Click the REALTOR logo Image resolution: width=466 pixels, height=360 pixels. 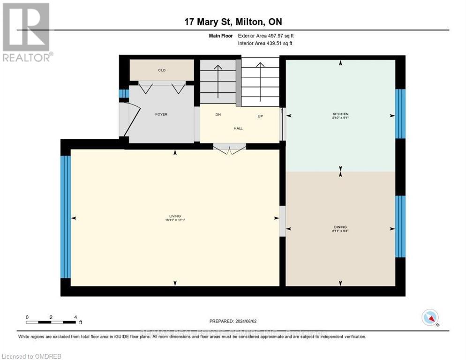pyautogui.click(x=26, y=32)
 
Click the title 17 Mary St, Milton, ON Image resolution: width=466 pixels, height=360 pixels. pyautogui.click(x=233, y=22)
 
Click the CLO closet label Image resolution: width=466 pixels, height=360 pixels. pyautogui.click(x=161, y=70)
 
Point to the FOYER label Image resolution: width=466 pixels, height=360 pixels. pyautogui.click(x=161, y=114)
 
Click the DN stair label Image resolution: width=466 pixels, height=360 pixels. pyautogui.click(x=218, y=115)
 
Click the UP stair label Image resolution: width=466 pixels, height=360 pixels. pyautogui.click(x=260, y=116)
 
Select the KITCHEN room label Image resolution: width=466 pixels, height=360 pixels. pyautogui.click(x=340, y=114)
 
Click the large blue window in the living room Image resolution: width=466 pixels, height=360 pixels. pyautogui.click(x=66, y=217)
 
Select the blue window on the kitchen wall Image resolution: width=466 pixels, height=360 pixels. pyautogui.click(x=400, y=114)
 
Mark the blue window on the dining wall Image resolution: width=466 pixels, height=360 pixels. pyautogui.click(x=400, y=226)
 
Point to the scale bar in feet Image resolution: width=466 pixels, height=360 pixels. pyautogui.click(x=51, y=322)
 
